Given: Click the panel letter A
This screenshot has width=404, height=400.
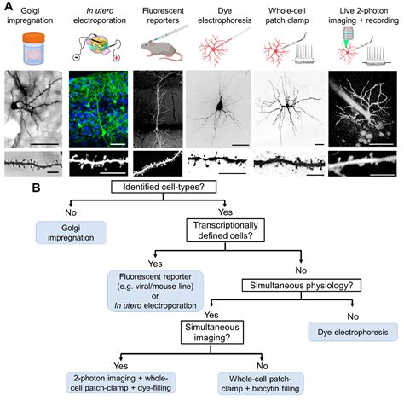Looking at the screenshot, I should pos(8,6).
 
